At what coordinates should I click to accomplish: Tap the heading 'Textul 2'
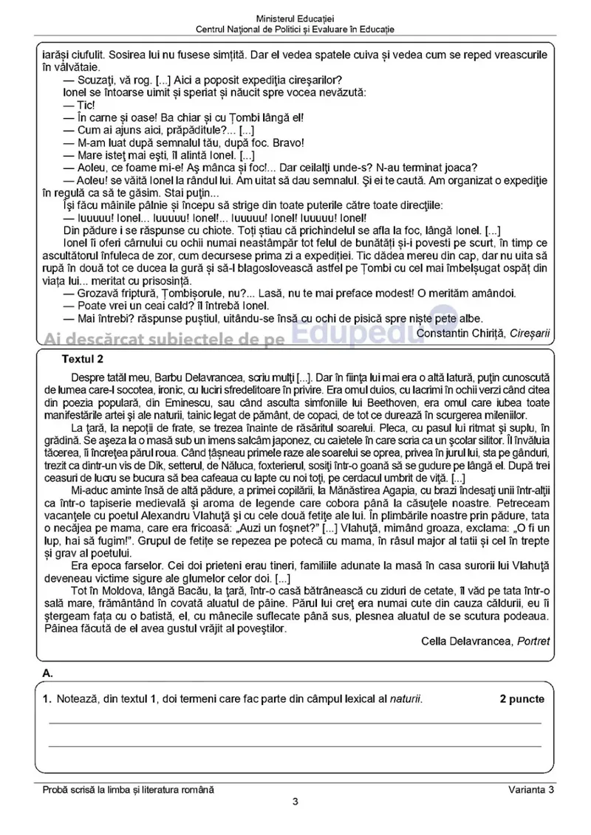[x=83, y=360]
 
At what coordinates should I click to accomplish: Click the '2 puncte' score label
[x=522, y=699]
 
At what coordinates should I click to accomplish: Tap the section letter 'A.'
[x=48, y=673]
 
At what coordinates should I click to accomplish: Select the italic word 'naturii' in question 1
[x=406, y=699]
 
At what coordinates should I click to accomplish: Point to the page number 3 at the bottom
[x=295, y=803]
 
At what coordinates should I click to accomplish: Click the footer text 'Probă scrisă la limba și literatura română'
[x=129, y=790]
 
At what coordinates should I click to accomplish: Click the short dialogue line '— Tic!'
[x=75, y=104]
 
